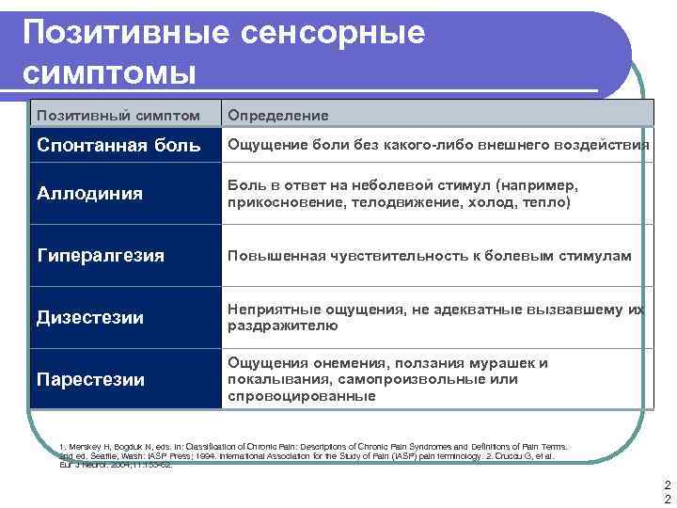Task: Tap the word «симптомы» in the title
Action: (x=110, y=72)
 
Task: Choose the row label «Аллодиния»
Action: (x=89, y=194)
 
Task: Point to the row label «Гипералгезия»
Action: (x=100, y=256)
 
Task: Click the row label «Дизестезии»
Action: (x=89, y=318)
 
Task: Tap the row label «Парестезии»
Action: (x=90, y=379)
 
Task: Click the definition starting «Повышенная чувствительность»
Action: (x=429, y=256)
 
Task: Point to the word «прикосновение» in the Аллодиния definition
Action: (x=281, y=202)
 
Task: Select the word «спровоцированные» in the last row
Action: (x=301, y=396)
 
